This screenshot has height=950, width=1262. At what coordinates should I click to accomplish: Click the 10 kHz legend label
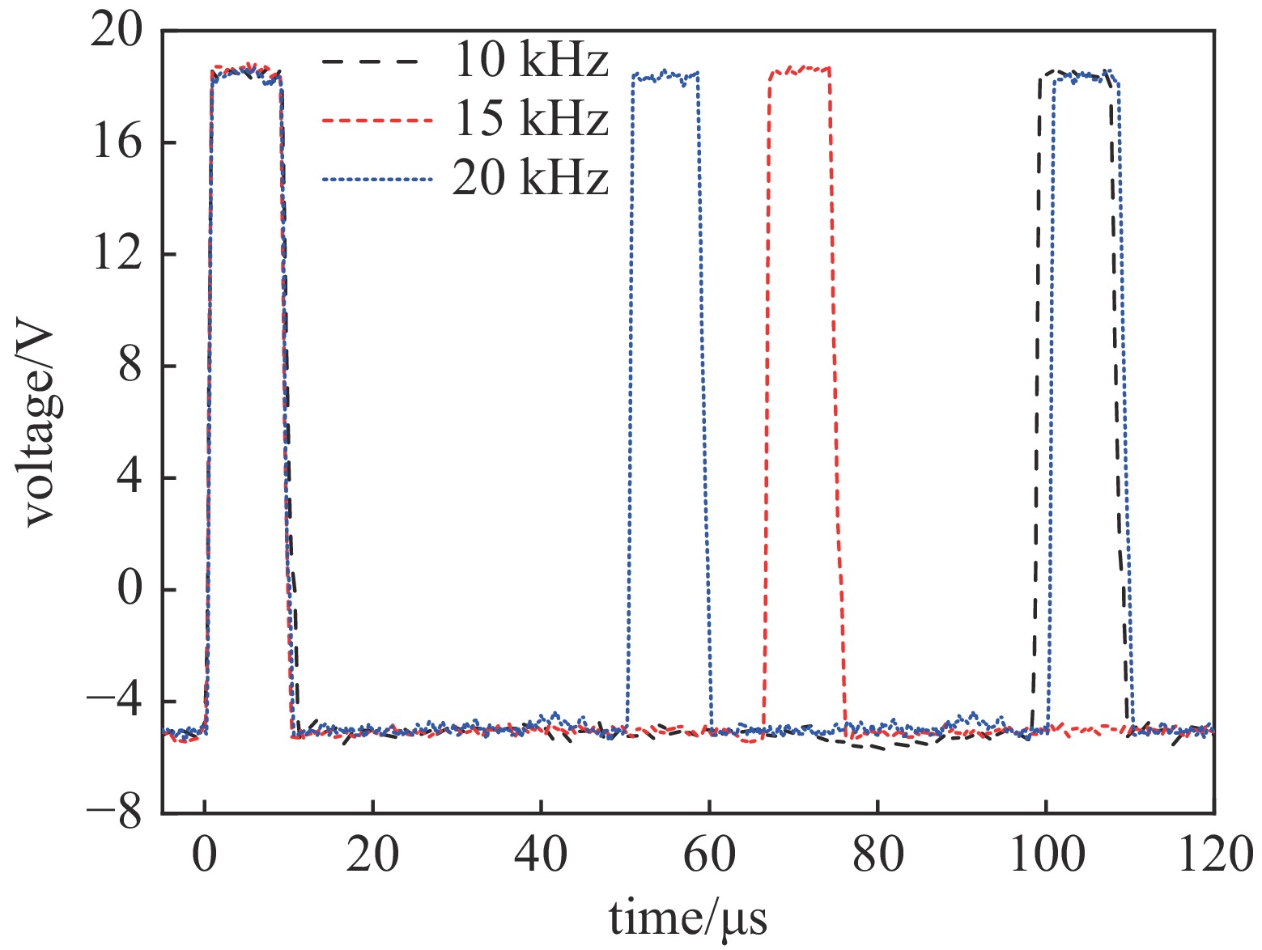530,61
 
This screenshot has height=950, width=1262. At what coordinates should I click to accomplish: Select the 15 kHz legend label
530,120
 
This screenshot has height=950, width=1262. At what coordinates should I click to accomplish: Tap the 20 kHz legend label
530,179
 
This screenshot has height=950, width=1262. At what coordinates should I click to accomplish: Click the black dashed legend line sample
370,61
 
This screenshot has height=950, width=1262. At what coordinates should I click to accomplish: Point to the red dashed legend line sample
370,121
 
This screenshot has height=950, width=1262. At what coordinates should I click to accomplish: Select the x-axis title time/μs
687,919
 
